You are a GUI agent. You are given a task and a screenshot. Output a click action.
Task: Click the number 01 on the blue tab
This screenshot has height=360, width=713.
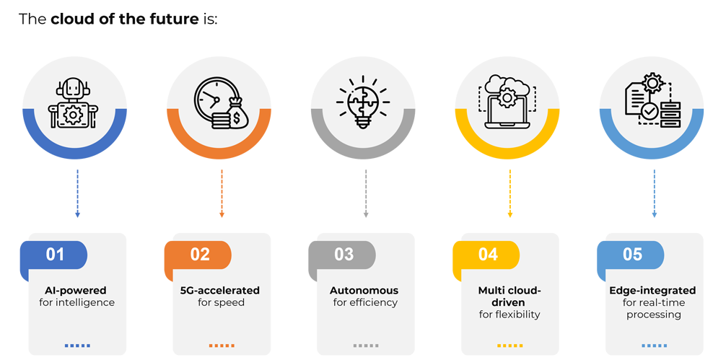[56, 254]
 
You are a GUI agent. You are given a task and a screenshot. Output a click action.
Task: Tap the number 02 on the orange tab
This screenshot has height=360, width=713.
[200, 254]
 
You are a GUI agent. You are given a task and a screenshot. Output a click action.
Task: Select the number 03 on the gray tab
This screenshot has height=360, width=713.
[344, 254]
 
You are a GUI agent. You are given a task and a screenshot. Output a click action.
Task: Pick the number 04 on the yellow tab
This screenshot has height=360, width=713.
[489, 254]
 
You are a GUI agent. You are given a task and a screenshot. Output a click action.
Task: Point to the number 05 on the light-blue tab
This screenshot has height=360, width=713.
[633, 254]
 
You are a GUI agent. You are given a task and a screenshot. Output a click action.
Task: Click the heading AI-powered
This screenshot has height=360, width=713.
[76, 290]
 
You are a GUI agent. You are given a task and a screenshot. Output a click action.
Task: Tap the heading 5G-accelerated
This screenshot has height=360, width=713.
[219, 290]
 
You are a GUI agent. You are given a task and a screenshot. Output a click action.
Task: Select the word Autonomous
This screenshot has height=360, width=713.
[364, 290]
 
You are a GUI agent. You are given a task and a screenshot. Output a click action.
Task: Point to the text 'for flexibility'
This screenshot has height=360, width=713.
[509, 315]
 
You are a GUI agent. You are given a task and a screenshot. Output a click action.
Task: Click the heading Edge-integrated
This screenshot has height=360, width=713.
[652, 290]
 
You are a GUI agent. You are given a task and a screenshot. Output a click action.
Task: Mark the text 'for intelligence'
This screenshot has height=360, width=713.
[76, 302]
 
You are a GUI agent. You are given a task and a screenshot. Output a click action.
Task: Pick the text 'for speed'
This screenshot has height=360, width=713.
[221, 302]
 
